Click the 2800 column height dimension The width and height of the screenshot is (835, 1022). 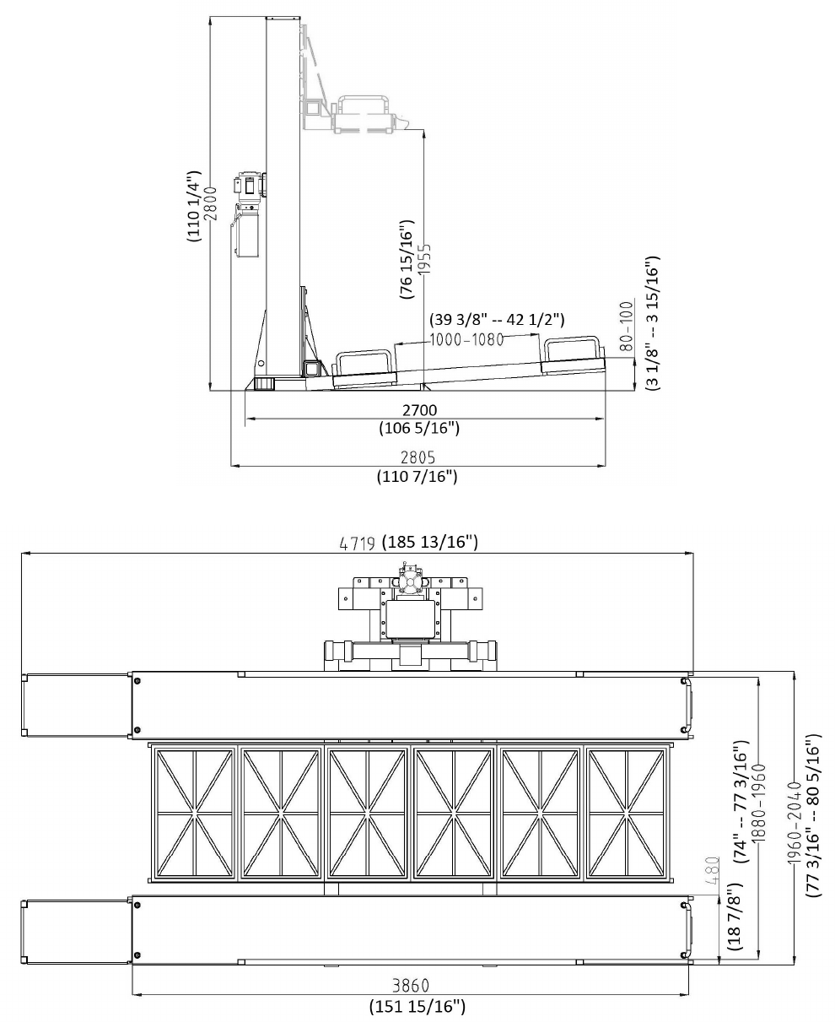click(x=211, y=203)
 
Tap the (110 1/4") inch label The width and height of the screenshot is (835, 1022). click(x=193, y=206)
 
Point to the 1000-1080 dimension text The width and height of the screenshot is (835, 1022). click(x=467, y=340)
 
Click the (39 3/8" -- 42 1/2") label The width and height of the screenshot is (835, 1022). click(x=497, y=319)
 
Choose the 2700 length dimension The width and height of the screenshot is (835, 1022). click(x=420, y=410)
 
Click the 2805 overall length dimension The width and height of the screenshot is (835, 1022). click(x=418, y=457)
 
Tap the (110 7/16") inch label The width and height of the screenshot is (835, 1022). click(x=417, y=476)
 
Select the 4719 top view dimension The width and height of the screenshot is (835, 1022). click(x=358, y=543)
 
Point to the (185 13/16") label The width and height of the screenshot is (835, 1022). click(x=430, y=541)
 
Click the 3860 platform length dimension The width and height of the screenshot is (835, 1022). click(x=411, y=985)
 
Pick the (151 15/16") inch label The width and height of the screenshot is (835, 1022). click(x=417, y=1007)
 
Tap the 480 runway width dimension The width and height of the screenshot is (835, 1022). click(x=712, y=870)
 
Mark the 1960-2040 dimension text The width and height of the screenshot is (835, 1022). click(x=794, y=823)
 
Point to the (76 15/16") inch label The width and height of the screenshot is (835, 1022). click(x=407, y=259)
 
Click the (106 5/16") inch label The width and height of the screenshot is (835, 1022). click(x=419, y=428)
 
